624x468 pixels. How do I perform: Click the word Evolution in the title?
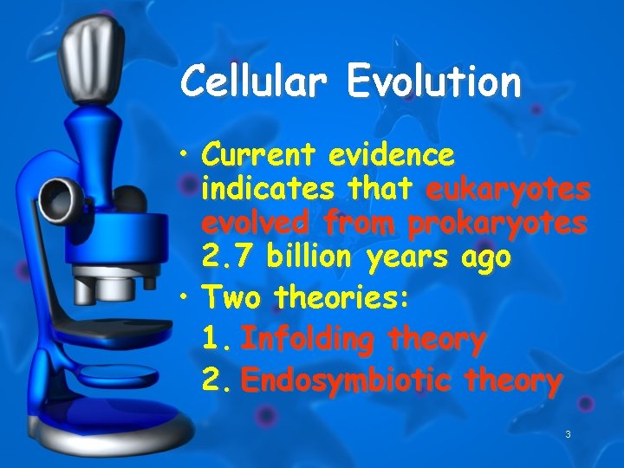click(434, 82)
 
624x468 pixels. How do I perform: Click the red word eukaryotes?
click(508, 189)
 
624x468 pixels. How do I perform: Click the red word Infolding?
click(308, 339)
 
